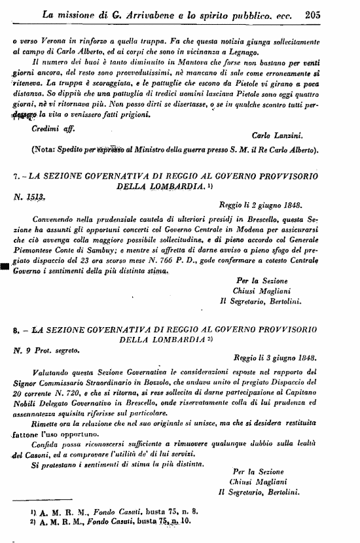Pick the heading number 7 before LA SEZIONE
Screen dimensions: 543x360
(x=14, y=177)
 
